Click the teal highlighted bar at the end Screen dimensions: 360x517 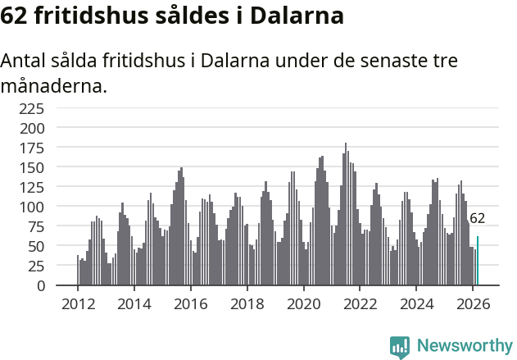(478, 261)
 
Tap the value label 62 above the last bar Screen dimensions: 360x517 (477, 218)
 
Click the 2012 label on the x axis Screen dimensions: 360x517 (78, 303)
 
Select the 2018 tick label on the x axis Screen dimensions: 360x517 (247, 303)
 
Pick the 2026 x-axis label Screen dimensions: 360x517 (473, 303)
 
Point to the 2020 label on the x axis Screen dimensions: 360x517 (303, 303)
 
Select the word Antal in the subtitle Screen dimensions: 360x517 (24, 62)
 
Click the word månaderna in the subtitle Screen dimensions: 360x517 (53, 86)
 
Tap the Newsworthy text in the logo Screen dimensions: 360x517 (464, 345)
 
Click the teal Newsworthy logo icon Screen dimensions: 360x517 (400, 347)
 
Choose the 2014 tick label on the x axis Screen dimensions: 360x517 (134, 303)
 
